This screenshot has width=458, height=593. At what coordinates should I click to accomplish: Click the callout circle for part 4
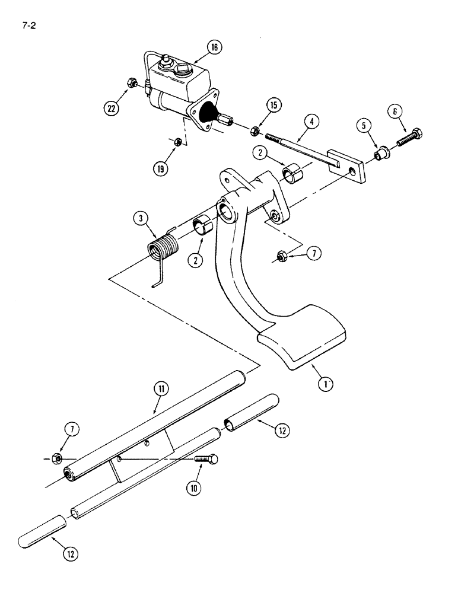(312, 123)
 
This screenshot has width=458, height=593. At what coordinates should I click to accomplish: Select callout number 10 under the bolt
(193, 487)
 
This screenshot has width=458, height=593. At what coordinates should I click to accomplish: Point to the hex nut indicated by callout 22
(133, 83)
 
